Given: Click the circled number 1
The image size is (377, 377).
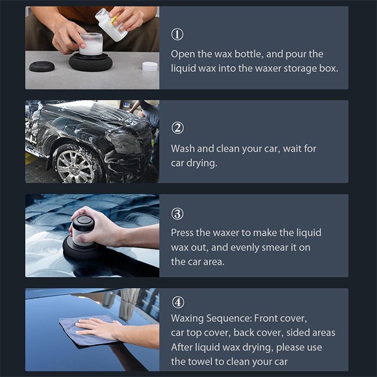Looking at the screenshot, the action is (177, 34).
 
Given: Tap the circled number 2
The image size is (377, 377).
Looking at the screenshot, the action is (177, 128).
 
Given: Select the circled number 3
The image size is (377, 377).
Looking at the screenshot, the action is (177, 213).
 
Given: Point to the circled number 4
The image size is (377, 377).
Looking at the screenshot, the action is (178, 302).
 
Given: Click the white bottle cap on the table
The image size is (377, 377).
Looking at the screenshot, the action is (150, 66).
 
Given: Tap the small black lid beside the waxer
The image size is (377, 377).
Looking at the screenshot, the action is (42, 66).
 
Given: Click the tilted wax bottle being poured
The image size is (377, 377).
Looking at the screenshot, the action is (111, 24).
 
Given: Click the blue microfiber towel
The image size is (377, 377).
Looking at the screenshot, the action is (89, 331).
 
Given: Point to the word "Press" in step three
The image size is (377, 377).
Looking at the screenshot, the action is (182, 233).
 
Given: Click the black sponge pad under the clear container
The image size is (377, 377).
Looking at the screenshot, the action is (90, 62).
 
